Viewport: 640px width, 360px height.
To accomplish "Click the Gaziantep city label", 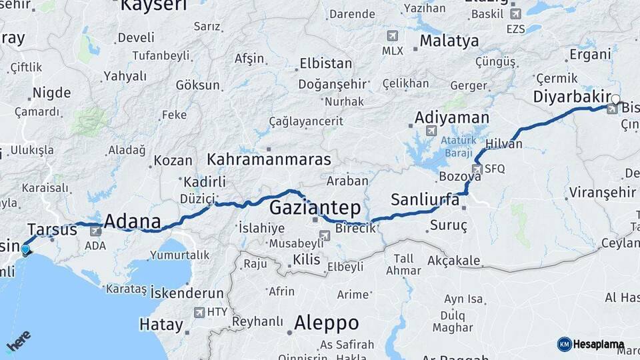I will click(315, 207).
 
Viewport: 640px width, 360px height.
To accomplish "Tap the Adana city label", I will click(133, 222).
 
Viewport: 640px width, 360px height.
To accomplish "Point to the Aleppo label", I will click(327, 323).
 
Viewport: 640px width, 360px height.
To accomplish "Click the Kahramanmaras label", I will click(269, 160).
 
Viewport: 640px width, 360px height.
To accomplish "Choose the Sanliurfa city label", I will click(425, 199).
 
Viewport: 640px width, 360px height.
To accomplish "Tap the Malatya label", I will click(449, 41).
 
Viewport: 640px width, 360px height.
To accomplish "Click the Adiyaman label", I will click(451, 117).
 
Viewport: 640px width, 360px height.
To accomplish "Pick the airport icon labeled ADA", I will click(95, 231).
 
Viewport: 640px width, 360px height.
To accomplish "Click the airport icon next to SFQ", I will click(477, 169).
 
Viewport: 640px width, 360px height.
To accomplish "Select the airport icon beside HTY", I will click(199, 312).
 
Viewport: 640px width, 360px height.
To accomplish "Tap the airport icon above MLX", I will click(392, 36).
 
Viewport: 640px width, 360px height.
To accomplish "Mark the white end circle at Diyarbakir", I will click(615, 100).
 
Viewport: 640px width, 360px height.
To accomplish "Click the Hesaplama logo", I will click(591, 344).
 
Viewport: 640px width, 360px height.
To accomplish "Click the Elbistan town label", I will click(326, 64).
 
